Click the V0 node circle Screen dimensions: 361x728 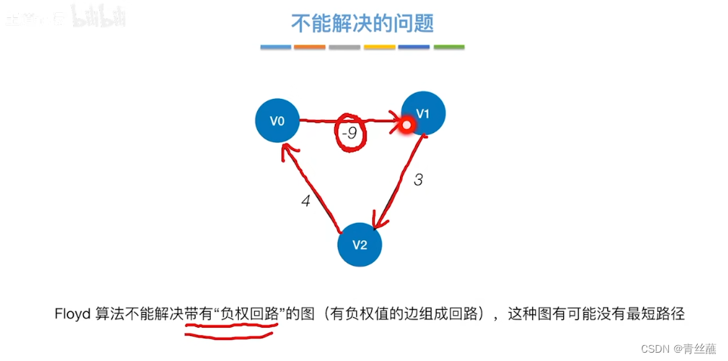point(277,120)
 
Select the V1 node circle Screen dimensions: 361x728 point(424,113)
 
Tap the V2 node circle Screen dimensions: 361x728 point(359,245)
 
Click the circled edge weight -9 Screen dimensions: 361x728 point(349,134)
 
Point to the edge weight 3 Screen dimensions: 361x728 point(418,180)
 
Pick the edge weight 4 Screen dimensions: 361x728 point(305,202)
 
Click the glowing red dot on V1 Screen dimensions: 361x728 point(406,125)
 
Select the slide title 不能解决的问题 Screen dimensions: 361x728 point(363,23)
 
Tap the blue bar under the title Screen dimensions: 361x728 point(275,47)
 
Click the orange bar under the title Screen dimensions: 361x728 point(310,47)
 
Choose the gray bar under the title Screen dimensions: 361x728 point(345,47)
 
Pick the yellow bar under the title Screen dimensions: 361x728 point(379,47)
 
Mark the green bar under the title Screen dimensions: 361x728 point(449,47)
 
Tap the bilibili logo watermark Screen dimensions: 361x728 point(98,17)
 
